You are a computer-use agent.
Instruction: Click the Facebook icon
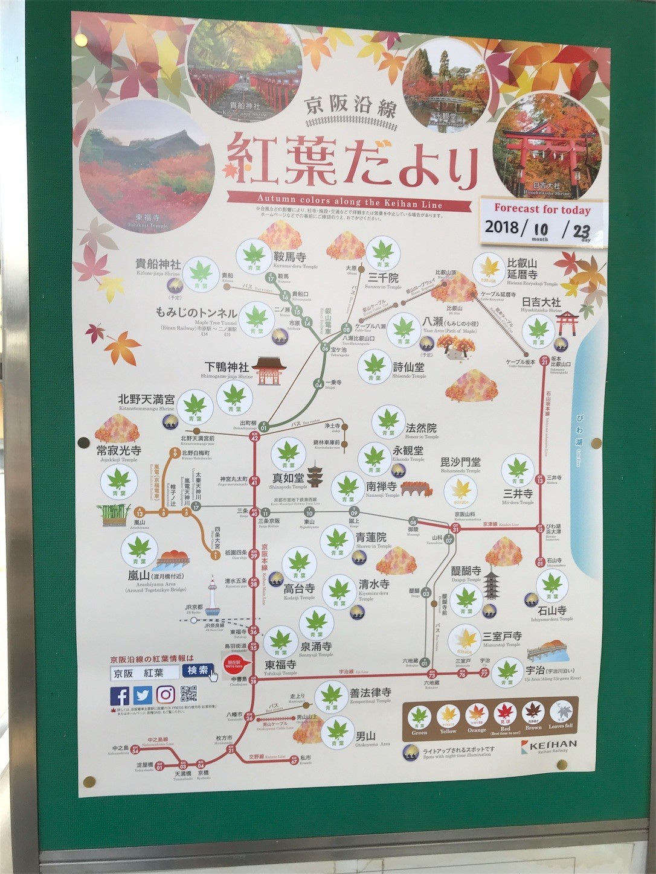pos(119,695)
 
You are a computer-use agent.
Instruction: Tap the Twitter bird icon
pos(142,695)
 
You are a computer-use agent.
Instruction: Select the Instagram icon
pos(165,695)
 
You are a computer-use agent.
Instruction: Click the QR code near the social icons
pos(189,695)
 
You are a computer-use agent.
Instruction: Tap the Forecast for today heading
pos(542,209)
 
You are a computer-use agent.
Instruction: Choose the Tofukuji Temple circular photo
pos(146,169)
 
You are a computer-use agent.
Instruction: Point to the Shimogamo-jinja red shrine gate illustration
pos(267,370)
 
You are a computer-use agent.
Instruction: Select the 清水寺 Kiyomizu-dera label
pos(374,585)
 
